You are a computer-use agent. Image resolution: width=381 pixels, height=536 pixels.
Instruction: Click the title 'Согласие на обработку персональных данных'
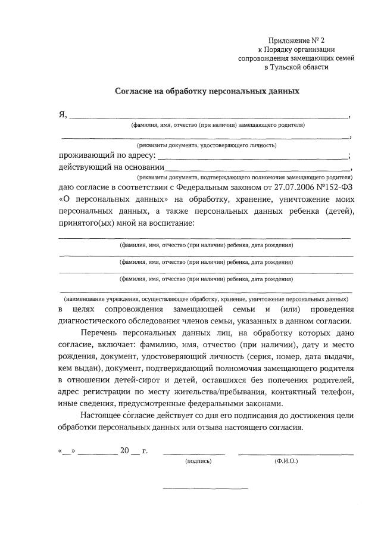206,92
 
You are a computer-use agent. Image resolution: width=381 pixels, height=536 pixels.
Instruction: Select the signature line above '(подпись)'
194,454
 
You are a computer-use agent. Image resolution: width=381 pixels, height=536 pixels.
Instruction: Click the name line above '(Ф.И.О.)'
296,454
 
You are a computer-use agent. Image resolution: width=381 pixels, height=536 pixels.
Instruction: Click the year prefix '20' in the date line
124,450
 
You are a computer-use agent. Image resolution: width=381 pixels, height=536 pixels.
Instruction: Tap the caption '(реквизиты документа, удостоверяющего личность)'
207,145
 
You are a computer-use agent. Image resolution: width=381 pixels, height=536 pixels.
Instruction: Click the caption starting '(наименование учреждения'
205,298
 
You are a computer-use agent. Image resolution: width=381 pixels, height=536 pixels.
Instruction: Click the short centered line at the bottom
205,489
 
